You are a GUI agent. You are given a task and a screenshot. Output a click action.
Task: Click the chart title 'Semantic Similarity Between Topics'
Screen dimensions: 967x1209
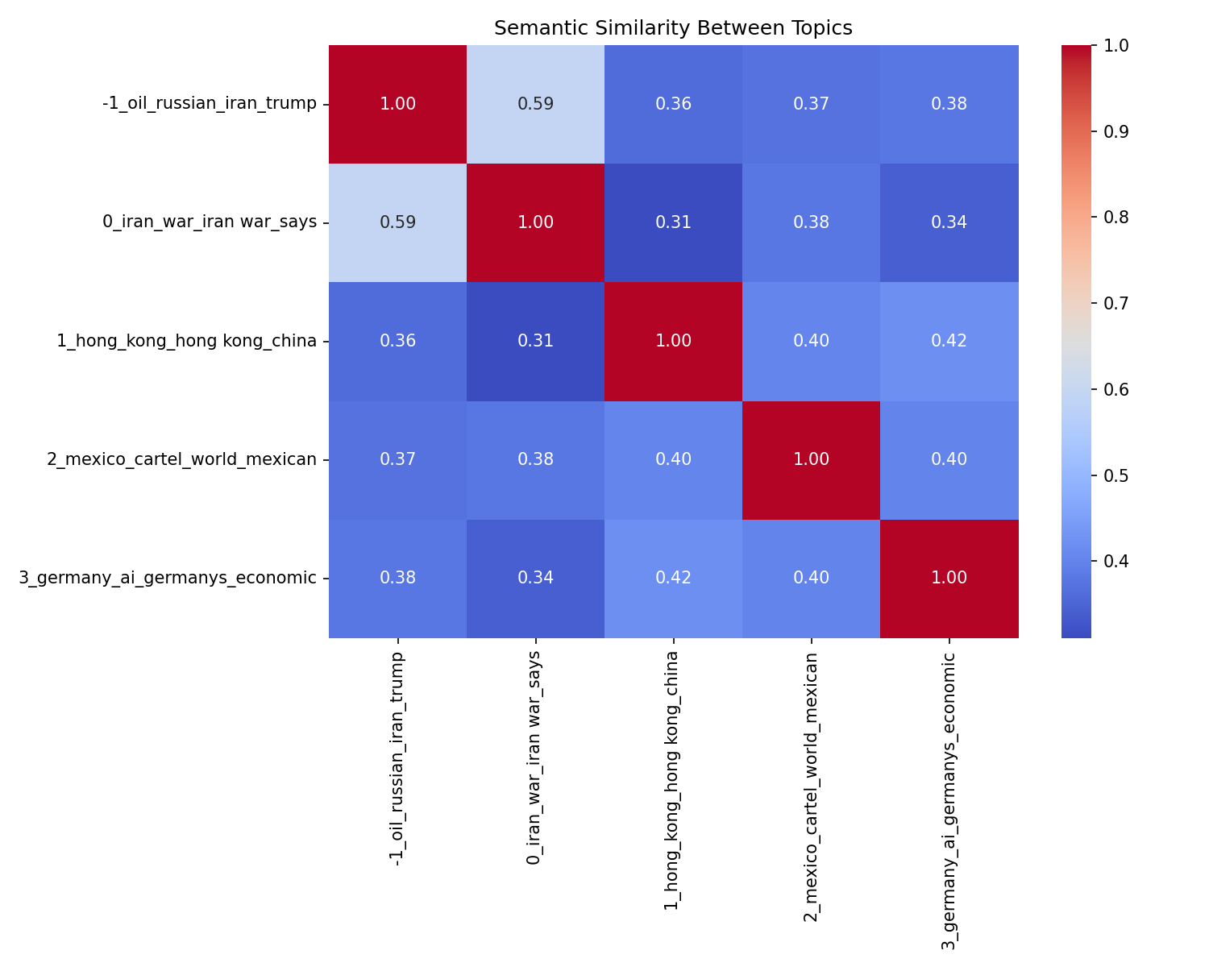pyautogui.click(x=673, y=28)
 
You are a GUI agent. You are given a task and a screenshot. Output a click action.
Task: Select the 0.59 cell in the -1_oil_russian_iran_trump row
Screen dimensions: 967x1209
pyautogui.click(x=535, y=104)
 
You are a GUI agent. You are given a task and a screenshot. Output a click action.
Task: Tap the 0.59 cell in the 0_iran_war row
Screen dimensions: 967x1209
pyautogui.click(x=397, y=222)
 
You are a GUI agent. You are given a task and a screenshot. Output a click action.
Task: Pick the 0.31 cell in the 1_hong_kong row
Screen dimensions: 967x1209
pyautogui.click(x=535, y=341)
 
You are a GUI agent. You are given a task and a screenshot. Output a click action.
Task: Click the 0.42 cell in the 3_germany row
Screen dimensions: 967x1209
pyautogui.click(x=673, y=578)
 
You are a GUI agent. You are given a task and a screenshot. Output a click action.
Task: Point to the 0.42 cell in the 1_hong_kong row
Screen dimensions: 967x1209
pyautogui.click(x=949, y=341)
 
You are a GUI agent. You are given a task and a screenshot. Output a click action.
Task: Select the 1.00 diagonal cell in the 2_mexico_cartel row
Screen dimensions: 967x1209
pyautogui.click(x=812, y=459)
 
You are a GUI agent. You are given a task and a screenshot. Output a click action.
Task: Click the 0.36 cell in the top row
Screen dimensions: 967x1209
pyautogui.click(x=673, y=104)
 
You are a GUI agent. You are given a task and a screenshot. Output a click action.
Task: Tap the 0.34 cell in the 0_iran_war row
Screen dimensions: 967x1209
pyautogui.click(x=949, y=222)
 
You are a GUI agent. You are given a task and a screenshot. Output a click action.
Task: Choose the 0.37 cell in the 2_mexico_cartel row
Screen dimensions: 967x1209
pyautogui.click(x=397, y=459)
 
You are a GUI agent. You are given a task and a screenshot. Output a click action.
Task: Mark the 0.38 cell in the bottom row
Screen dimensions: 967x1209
pyautogui.click(x=397, y=578)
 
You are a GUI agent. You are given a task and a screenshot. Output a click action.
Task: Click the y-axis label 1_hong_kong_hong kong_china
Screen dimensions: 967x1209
pyautogui.click(x=186, y=341)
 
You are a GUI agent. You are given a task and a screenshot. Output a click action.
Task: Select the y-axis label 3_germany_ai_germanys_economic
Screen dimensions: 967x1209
pyautogui.click(x=168, y=578)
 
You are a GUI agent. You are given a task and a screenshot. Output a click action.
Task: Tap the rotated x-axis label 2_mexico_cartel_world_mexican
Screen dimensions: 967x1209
pyautogui.click(x=812, y=786)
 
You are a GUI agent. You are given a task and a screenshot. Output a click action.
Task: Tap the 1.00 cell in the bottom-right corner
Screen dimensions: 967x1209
pyautogui.click(x=949, y=578)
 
